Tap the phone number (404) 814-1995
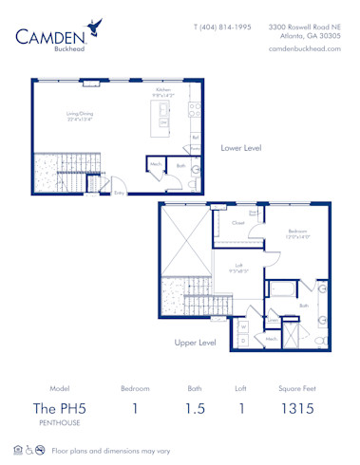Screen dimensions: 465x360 point(222,28)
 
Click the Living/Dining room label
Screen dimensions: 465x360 point(79,115)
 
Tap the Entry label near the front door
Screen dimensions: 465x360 point(120,193)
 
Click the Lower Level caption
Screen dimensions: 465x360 point(241,148)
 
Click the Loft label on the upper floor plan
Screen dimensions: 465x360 point(239,266)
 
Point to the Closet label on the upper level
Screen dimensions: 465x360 point(238,224)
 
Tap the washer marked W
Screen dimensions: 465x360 point(242,325)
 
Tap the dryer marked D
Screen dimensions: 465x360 point(242,338)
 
